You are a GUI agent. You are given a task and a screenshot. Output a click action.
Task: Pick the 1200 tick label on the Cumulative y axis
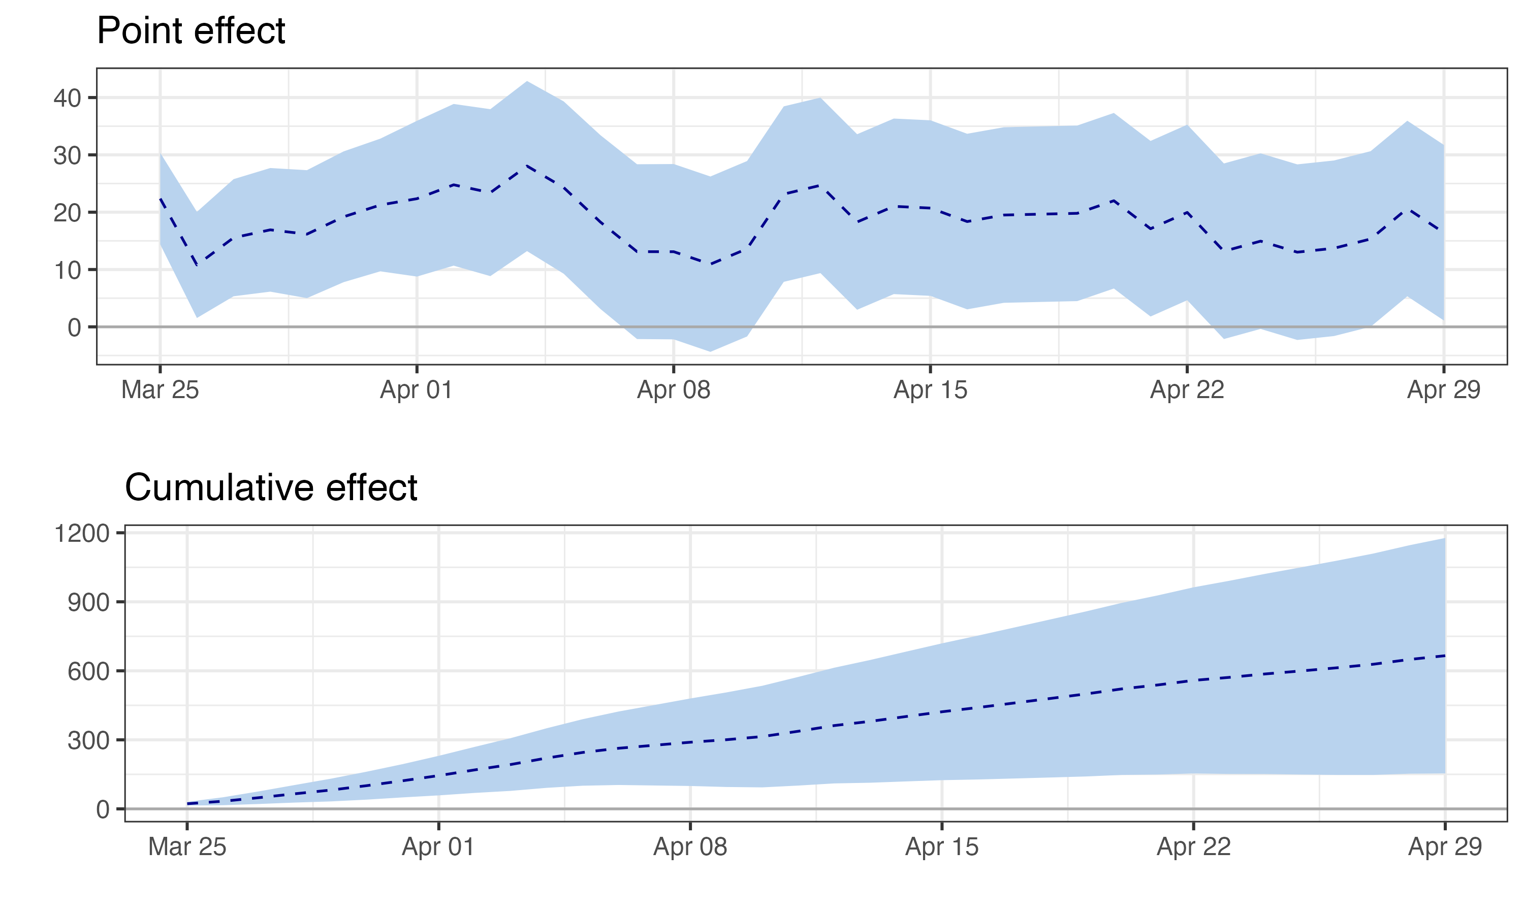pyautogui.click(x=81, y=533)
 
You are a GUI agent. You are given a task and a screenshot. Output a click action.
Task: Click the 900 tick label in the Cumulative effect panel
pyautogui.click(x=88, y=602)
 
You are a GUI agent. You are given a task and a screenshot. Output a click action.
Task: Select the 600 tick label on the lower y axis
pyautogui.click(x=88, y=671)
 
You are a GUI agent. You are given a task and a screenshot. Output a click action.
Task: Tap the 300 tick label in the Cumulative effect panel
pyautogui.click(x=88, y=740)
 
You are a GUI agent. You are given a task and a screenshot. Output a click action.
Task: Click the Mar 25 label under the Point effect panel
pyautogui.click(x=160, y=390)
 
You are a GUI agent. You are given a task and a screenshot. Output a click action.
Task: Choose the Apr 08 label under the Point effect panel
pyautogui.click(x=673, y=390)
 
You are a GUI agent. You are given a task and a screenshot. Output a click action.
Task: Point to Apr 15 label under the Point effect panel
pyautogui.click(x=930, y=390)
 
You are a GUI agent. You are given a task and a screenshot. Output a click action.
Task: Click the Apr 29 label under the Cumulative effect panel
pyautogui.click(x=1445, y=847)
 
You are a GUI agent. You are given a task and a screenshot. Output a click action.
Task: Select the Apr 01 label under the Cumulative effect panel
pyautogui.click(x=438, y=847)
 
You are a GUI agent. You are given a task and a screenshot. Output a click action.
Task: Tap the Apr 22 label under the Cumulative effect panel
pyautogui.click(x=1193, y=847)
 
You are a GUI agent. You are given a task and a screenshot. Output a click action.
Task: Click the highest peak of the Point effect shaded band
pyautogui.click(x=527, y=81)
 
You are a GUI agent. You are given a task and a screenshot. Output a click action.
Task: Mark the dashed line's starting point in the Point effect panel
pyautogui.click(x=160, y=199)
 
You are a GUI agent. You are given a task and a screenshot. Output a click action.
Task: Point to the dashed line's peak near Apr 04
pyautogui.click(x=527, y=165)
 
